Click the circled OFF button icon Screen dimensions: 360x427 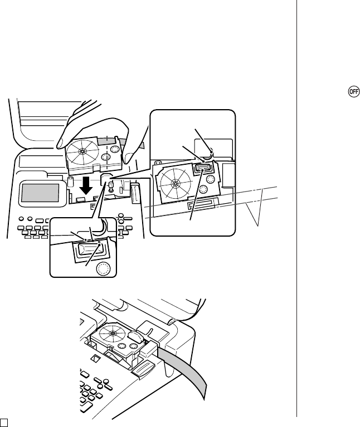pyautogui.click(x=354, y=91)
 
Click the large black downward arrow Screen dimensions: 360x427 pyautogui.click(x=86, y=186)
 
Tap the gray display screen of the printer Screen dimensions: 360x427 pyautogui.click(x=40, y=193)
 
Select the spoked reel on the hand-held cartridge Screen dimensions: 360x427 pyautogui.click(x=82, y=151)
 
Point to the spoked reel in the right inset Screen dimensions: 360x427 pyautogui.click(x=174, y=183)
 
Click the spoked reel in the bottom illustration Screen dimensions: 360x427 pyautogui.click(x=112, y=333)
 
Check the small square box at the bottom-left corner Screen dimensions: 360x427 pyautogui.click(x=3, y=423)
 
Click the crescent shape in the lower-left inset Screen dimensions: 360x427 pyautogui.click(x=101, y=227)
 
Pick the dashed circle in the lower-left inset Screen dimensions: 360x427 pyautogui.click(x=103, y=268)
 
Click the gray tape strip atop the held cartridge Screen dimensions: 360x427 pyautogui.click(x=109, y=141)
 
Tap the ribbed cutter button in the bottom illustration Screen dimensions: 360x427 pyautogui.click(x=143, y=369)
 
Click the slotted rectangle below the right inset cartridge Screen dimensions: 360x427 pyautogui.click(x=203, y=203)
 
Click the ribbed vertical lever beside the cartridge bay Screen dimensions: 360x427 pyautogui.click(x=135, y=193)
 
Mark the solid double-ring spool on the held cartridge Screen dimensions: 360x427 pyautogui.click(x=106, y=157)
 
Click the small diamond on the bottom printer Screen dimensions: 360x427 pyautogui.click(x=95, y=359)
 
